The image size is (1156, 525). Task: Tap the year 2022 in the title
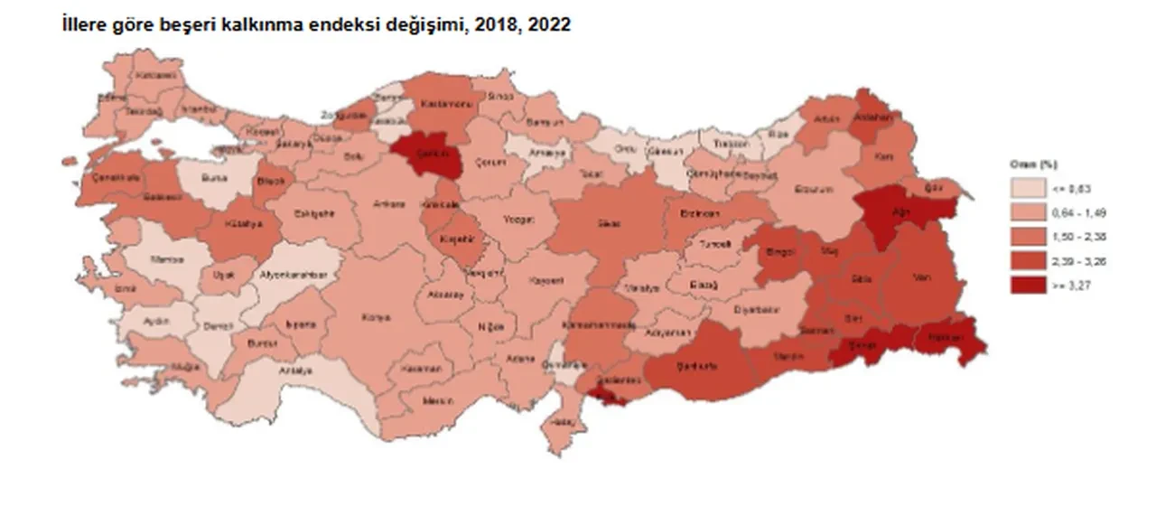coord(551,25)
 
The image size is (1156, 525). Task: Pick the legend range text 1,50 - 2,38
coord(1072,237)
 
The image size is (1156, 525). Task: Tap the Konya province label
coord(376,318)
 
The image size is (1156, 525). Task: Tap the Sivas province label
coord(607,222)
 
